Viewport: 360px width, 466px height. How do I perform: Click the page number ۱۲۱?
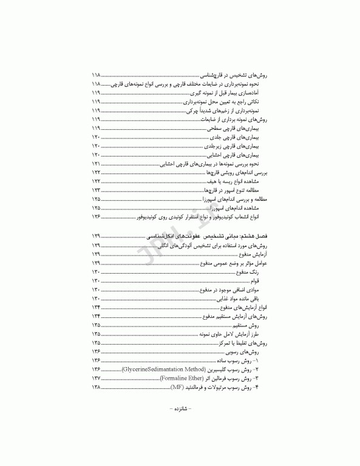coord(96,164)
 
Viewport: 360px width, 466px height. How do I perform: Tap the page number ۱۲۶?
coord(96,215)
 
